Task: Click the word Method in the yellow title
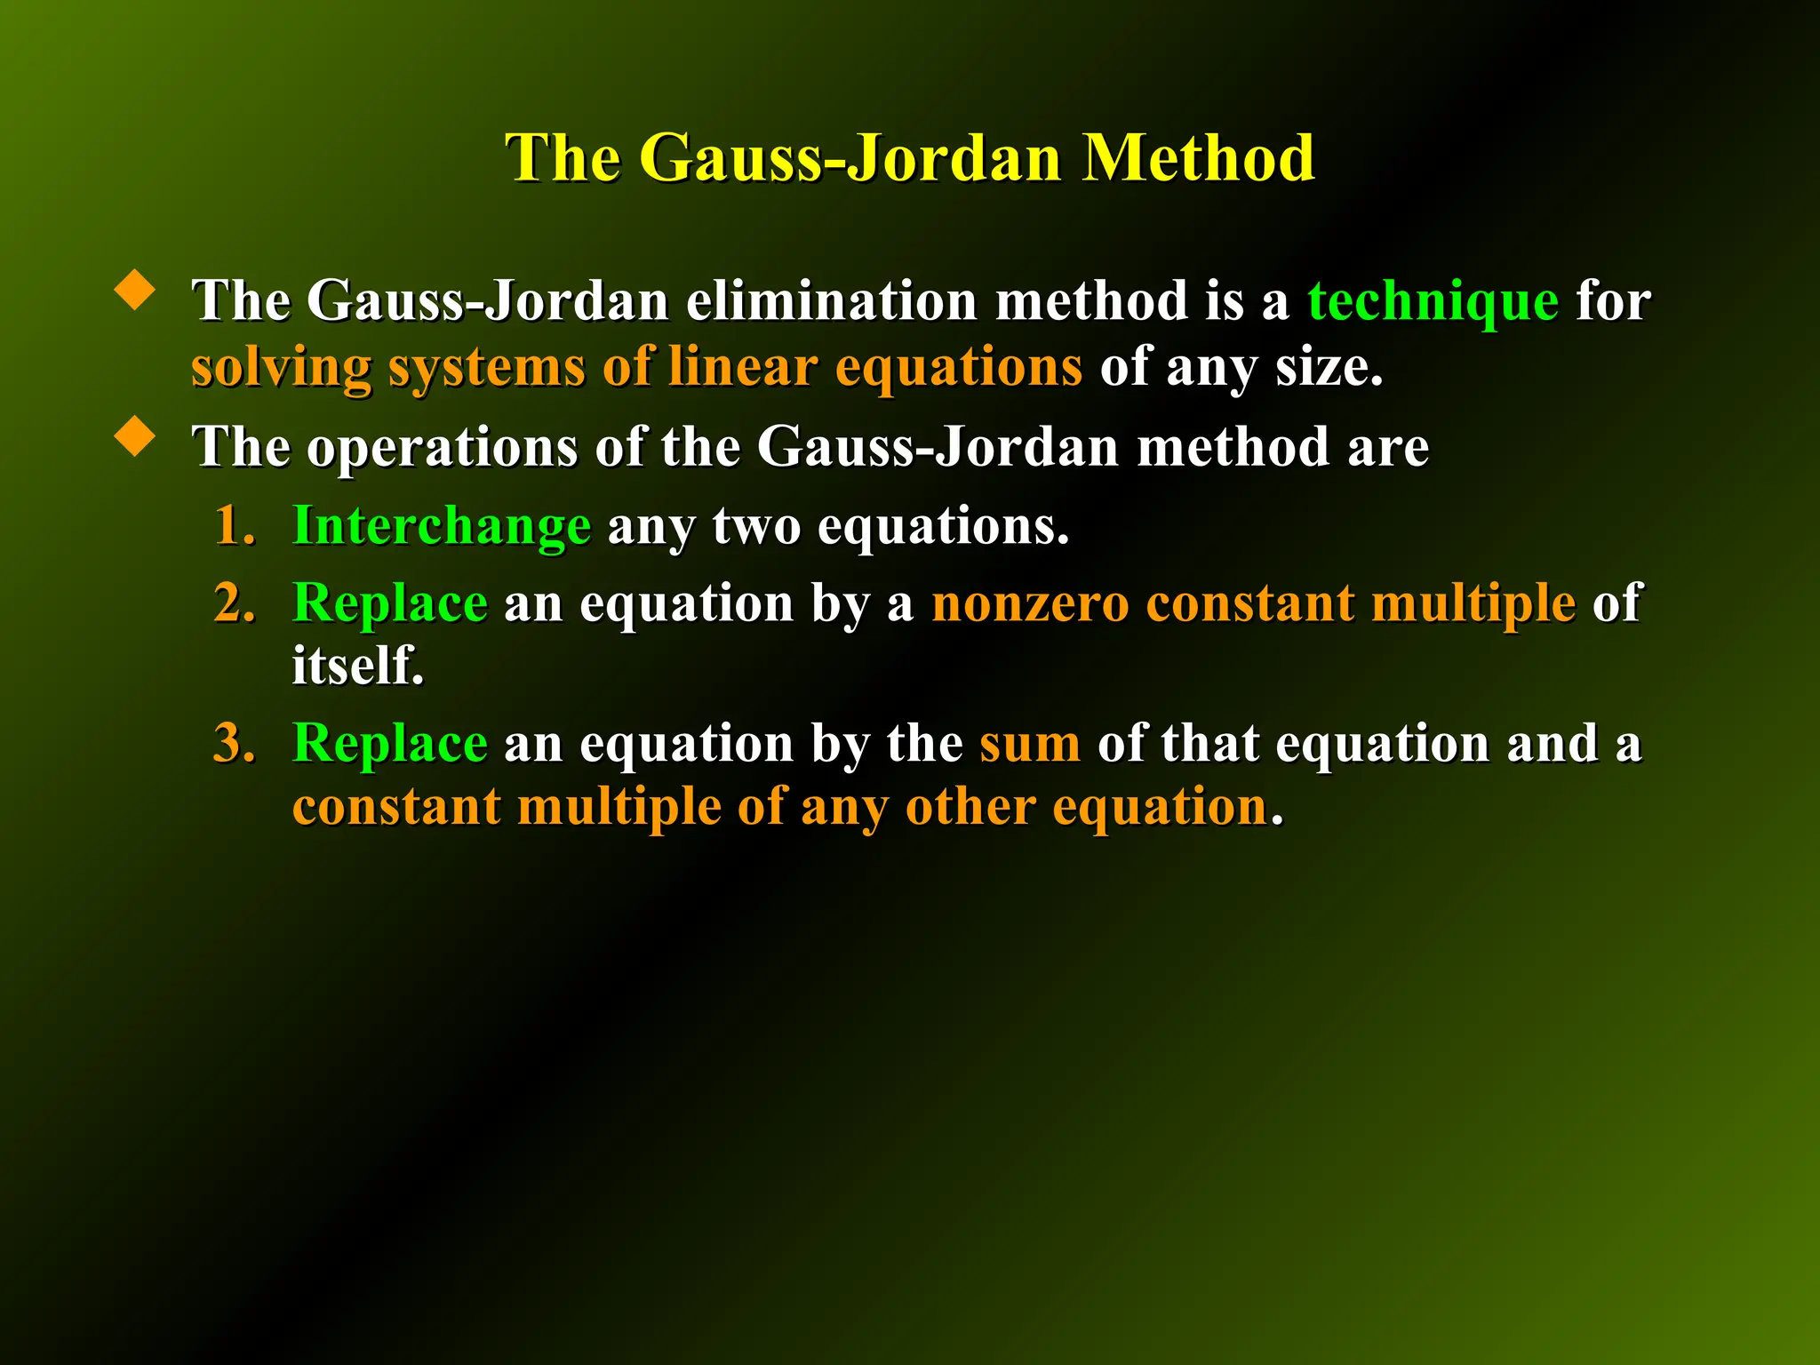click(1198, 158)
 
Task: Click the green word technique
click(1433, 301)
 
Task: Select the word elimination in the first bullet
click(831, 300)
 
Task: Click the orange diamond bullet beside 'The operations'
click(135, 436)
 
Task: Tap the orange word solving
click(281, 367)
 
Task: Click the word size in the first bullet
click(1329, 367)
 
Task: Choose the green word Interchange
click(442, 526)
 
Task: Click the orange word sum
click(1030, 743)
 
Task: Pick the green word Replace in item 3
click(390, 743)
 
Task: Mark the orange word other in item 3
click(970, 807)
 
